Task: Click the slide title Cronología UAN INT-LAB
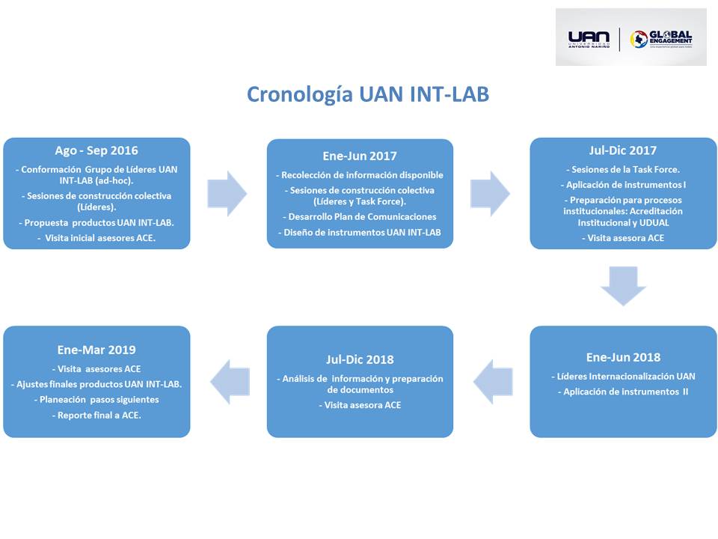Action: pyautogui.click(x=368, y=95)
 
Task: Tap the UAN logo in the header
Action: pyautogui.click(x=589, y=38)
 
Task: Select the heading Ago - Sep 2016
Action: pyautogui.click(x=96, y=150)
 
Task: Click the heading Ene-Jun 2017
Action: pyautogui.click(x=360, y=156)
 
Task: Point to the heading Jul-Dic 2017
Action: pyautogui.click(x=623, y=150)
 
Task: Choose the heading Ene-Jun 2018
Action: pyautogui.click(x=623, y=357)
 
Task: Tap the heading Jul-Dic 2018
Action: pyautogui.click(x=360, y=359)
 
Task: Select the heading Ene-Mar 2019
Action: pyautogui.click(x=96, y=350)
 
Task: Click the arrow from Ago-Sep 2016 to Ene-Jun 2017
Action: pyautogui.click(x=227, y=193)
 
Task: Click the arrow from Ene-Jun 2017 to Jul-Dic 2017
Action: pyautogui.click(x=491, y=193)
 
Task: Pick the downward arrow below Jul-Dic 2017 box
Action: pyautogui.click(x=623, y=285)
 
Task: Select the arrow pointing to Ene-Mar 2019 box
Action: pyautogui.click(x=227, y=381)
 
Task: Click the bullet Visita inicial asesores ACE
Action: pyautogui.click(x=96, y=238)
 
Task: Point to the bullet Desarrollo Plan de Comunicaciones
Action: pyautogui.click(x=360, y=216)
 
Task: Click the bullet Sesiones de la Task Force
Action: pyautogui.click(x=623, y=169)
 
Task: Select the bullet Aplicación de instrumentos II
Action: pyautogui.click(x=623, y=392)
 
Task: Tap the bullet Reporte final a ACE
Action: pyautogui.click(x=96, y=415)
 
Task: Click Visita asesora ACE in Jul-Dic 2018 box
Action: pyautogui.click(x=360, y=405)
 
